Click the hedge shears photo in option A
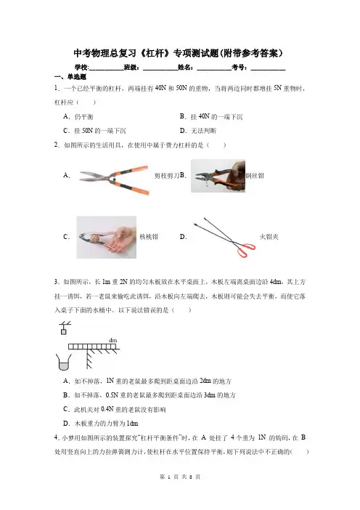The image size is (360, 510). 114,180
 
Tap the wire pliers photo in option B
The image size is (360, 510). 218,176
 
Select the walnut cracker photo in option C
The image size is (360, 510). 106,237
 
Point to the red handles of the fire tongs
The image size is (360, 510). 246,250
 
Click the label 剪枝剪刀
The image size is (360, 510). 167,176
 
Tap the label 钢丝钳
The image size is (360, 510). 255,176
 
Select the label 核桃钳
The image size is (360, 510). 149,237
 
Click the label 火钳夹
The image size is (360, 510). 269,237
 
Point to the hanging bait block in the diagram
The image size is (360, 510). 64,332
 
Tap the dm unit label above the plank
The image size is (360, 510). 112,340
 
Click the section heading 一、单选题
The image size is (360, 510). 70,77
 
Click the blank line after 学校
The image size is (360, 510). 106,69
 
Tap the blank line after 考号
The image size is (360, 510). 268,69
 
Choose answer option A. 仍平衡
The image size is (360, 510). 78,116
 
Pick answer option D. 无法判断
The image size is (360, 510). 198,131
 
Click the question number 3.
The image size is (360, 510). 56,282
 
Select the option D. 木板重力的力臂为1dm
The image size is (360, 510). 101,424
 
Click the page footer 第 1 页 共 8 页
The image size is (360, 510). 180,477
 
